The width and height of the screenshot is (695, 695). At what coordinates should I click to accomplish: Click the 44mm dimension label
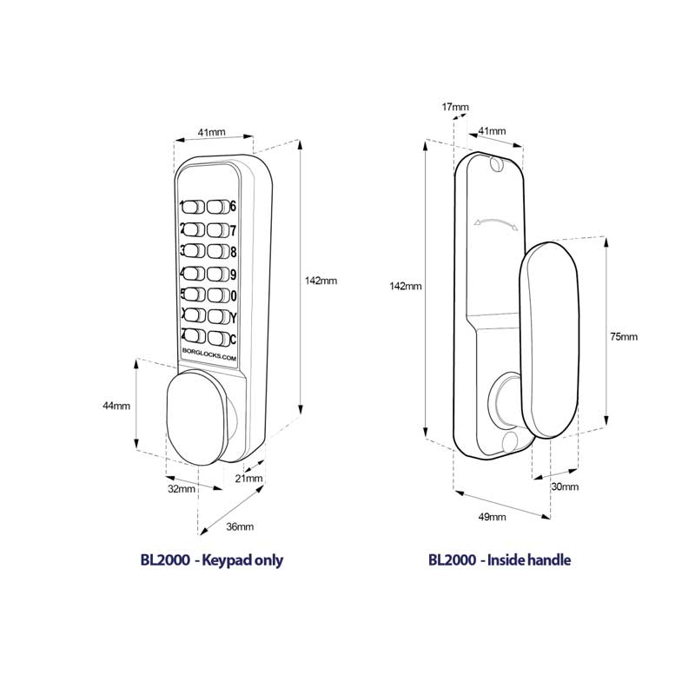(116, 406)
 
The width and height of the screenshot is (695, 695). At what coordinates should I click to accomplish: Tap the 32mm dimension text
(181, 489)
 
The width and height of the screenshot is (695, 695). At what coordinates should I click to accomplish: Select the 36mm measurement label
(240, 527)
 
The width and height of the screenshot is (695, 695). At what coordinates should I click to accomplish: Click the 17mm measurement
(455, 107)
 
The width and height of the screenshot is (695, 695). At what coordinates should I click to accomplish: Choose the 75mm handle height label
(623, 336)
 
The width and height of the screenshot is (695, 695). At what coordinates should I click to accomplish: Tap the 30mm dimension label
(565, 486)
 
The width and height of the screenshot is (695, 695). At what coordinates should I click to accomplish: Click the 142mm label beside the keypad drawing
(321, 281)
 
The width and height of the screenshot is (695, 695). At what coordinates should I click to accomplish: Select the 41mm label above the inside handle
(492, 131)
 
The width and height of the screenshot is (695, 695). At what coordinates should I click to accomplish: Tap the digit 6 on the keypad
(233, 207)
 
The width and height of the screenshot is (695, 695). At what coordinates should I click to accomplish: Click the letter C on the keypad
(233, 338)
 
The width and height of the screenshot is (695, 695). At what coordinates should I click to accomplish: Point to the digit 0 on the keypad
(233, 295)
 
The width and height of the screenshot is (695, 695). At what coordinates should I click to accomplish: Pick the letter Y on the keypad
(233, 316)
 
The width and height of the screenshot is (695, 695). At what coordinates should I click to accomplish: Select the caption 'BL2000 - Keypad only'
(212, 560)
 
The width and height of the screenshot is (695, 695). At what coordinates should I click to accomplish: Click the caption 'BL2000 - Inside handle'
(500, 560)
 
